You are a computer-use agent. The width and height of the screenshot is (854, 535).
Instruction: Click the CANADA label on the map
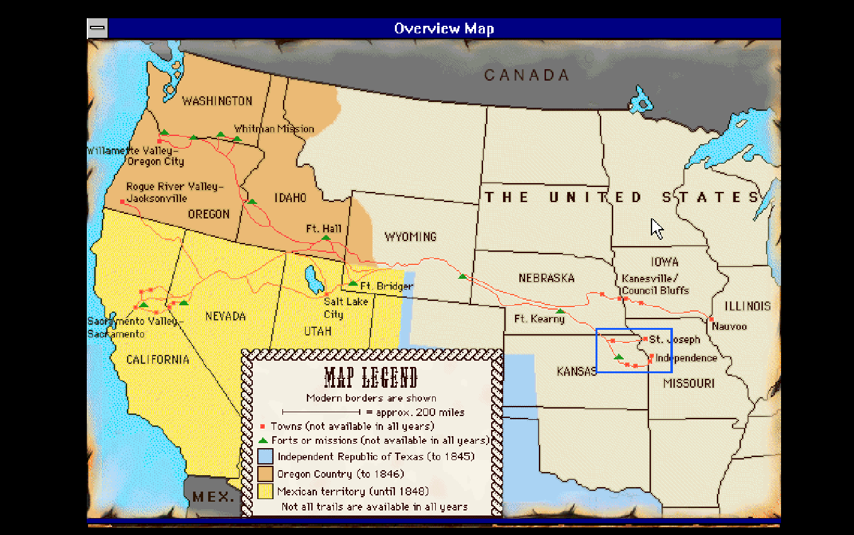[526, 76]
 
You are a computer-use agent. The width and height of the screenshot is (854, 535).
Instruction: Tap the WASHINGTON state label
[217, 101]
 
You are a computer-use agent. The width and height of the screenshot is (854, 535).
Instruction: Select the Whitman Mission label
[274, 129]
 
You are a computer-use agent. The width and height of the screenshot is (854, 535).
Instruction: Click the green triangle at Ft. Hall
[326, 237]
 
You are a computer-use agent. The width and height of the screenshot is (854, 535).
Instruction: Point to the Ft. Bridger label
[386, 286]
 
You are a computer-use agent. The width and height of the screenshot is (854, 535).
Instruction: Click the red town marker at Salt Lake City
[326, 294]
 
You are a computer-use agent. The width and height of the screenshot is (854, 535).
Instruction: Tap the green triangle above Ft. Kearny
[560, 311]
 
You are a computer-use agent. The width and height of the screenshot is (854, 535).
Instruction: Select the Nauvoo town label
[729, 327]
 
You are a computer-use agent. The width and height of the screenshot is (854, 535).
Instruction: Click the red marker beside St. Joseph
[645, 339]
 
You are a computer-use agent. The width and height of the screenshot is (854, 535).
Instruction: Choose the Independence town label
[685, 358]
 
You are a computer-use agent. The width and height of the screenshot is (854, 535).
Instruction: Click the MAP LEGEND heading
[371, 378]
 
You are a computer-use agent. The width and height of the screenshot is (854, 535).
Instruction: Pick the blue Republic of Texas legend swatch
[265, 456]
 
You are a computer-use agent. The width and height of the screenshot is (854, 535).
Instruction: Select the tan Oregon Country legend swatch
[265, 474]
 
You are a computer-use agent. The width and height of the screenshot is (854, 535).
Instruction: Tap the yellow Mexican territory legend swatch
[265, 491]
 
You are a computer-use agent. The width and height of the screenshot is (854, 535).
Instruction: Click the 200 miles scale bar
[321, 412]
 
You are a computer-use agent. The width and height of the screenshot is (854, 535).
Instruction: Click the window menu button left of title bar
[97, 28]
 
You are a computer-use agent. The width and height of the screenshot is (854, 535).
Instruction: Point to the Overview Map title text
[444, 28]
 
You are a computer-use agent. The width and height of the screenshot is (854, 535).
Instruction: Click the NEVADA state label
[225, 317]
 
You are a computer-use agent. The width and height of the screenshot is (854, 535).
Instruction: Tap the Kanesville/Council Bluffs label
[655, 284]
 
